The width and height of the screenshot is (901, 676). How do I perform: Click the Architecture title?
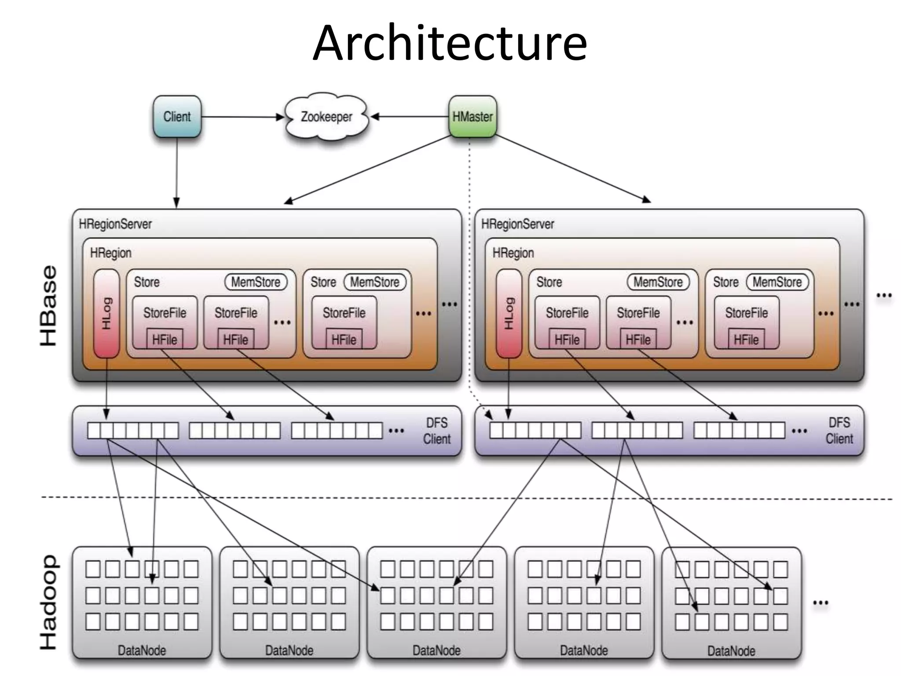click(450, 43)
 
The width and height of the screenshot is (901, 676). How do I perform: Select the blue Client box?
click(177, 117)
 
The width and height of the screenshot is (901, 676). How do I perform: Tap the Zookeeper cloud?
click(326, 117)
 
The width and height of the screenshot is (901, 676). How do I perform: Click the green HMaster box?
click(472, 117)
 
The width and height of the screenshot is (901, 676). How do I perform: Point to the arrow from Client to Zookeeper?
click(242, 117)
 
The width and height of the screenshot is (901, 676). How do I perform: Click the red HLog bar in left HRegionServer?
click(106, 313)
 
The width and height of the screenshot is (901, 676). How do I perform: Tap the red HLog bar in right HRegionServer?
click(509, 313)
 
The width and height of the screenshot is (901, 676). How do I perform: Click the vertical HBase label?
click(48, 306)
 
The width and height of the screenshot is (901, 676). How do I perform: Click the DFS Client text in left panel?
click(436, 431)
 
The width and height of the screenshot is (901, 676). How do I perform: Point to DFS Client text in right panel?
click(839, 431)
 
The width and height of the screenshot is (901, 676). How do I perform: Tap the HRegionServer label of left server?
click(115, 224)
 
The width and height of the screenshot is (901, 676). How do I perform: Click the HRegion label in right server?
click(513, 253)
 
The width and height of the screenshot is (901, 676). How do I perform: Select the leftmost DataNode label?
click(142, 650)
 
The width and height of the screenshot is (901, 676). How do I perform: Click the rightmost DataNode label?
click(731, 651)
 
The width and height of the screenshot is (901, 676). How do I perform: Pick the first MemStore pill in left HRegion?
click(256, 282)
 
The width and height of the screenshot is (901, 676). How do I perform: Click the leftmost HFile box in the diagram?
click(165, 339)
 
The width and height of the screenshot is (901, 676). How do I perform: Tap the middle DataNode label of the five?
click(436, 650)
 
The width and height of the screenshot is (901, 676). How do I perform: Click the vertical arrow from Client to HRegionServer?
click(177, 172)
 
